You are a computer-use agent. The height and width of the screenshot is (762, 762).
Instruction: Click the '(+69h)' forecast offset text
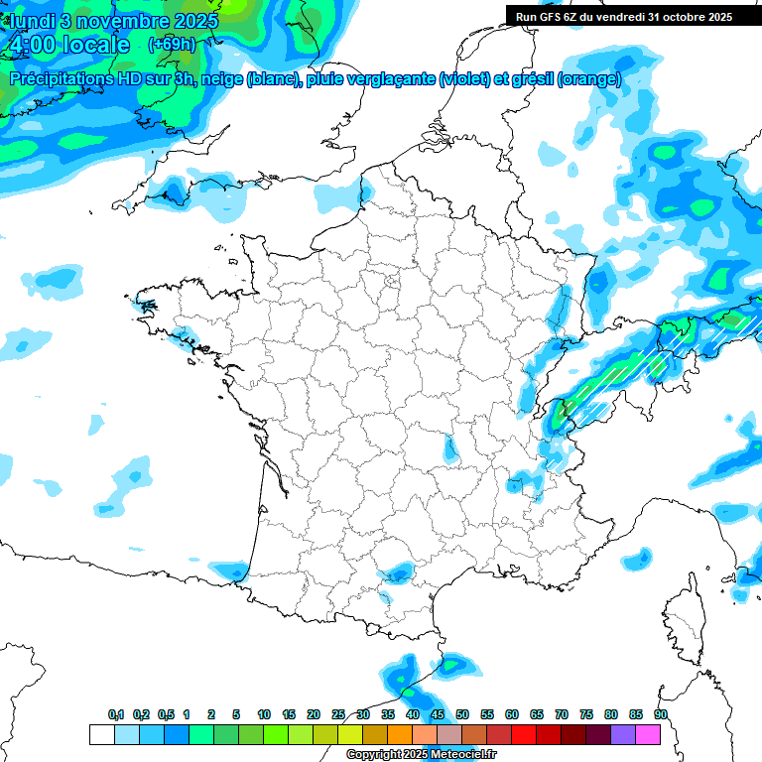(x=171, y=45)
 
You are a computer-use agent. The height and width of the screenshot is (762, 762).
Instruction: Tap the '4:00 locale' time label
(x=68, y=45)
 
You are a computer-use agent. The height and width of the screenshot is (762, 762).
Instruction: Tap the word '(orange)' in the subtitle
(x=590, y=79)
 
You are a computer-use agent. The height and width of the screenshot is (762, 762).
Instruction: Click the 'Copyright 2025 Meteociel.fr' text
(x=420, y=755)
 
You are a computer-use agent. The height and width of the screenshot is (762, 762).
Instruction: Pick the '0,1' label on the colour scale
(x=115, y=715)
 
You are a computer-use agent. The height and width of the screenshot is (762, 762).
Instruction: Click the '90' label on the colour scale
(x=661, y=715)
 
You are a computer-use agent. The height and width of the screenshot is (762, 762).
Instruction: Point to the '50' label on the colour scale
(x=462, y=715)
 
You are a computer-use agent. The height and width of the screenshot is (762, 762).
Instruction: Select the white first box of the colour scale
(x=102, y=734)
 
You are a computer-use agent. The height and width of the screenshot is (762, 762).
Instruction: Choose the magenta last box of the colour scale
(x=648, y=734)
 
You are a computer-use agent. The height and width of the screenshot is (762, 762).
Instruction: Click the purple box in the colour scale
(x=623, y=734)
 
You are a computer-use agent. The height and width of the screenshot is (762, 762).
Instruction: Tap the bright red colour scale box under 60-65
(x=524, y=734)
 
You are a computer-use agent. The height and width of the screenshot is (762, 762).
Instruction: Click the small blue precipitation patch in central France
(x=451, y=448)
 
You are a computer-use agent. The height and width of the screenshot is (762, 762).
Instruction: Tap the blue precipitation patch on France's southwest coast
(x=230, y=570)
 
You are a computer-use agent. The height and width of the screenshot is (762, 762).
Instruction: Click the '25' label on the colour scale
(x=338, y=715)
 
